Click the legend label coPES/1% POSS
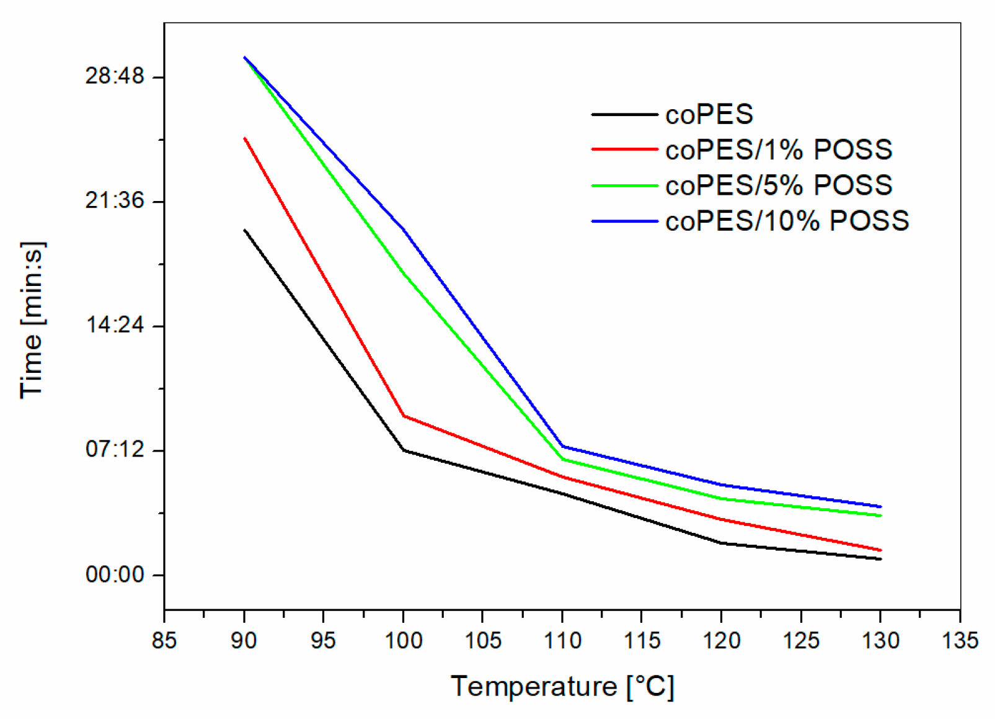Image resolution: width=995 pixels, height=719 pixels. click(778, 150)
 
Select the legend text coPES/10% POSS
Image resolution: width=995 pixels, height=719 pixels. click(787, 221)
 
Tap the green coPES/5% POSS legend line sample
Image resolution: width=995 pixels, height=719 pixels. click(624, 185)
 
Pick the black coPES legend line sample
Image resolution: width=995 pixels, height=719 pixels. click(624, 115)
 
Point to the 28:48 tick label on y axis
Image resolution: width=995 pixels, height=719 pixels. click(115, 77)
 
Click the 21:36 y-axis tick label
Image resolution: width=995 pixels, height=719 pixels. click(115, 201)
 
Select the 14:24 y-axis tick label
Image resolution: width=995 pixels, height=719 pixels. click(115, 325)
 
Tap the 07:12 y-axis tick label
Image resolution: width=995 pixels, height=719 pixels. click(115, 449)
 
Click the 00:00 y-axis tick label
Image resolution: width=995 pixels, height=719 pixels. click(115, 574)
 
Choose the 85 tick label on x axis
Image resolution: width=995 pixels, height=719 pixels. click(164, 640)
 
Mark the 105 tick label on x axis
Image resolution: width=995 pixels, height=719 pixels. click(482, 640)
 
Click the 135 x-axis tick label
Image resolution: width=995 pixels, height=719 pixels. click(960, 640)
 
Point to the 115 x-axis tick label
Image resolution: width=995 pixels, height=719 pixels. click(642, 640)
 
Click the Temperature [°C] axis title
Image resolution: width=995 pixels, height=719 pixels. click(562, 687)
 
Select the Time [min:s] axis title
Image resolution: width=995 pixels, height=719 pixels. click(32, 320)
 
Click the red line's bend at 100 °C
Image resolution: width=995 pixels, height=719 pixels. click(404, 416)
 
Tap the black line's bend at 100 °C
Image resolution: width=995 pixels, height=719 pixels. click(404, 450)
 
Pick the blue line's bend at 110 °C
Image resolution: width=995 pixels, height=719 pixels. click(562, 446)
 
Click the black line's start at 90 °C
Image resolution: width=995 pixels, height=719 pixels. click(245, 230)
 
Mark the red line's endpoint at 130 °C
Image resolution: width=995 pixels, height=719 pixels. click(880, 550)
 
